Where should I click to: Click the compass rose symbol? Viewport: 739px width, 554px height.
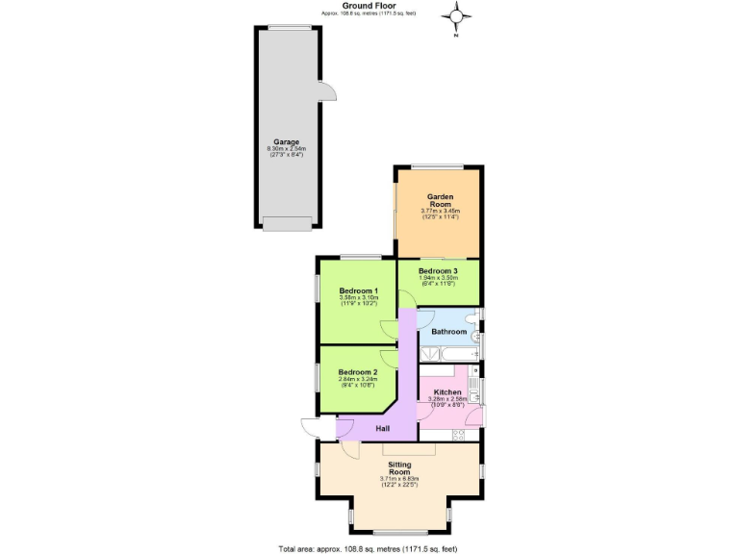point(458,16)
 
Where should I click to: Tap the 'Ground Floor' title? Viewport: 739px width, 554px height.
point(369,5)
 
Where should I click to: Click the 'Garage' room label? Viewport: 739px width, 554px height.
point(286,141)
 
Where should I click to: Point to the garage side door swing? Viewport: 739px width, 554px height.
point(326,92)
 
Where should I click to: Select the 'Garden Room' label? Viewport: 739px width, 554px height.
point(440,200)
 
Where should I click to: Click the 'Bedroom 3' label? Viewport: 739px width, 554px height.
point(438,271)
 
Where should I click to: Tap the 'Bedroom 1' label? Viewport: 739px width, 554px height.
point(358,290)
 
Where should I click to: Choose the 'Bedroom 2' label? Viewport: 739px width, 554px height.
point(358,371)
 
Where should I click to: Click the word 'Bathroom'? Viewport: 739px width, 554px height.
point(448,332)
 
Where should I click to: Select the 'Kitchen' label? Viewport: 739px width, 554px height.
point(448,392)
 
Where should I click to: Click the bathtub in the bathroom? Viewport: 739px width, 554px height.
point(448,354)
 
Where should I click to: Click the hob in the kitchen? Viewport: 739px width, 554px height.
point(458,434)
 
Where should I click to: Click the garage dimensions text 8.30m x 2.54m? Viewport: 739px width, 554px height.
point(286,149)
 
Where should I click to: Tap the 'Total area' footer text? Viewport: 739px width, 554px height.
point(369,548)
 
